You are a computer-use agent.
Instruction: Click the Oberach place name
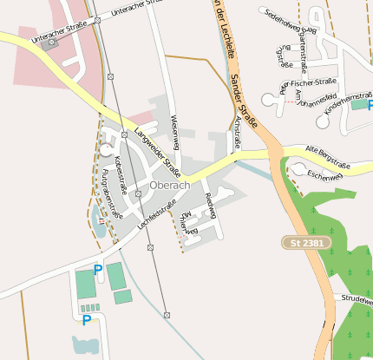(169, 186)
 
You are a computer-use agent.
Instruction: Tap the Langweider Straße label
(164, 153)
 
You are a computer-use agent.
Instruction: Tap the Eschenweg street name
(325, 175)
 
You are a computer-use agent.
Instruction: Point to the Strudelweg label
(357, 299)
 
